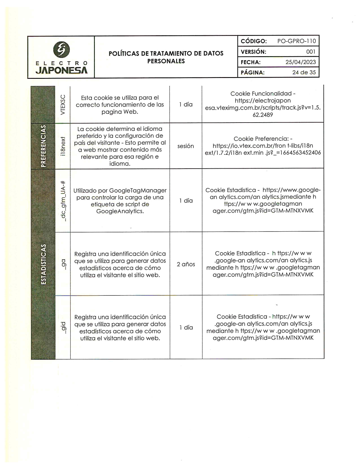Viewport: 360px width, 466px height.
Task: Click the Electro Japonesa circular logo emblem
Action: coord(61,49)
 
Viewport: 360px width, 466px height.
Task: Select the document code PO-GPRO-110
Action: coord(296,41)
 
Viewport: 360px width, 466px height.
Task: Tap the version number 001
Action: coord(311,52)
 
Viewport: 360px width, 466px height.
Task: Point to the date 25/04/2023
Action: coord(300,62)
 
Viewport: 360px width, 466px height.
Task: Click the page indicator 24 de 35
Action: coord(304,72)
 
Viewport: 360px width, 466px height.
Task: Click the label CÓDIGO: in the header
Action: coord(254,41)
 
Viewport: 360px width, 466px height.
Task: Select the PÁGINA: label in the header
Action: coord(252,73)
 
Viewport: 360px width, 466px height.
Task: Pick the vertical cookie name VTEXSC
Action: coord(63,105)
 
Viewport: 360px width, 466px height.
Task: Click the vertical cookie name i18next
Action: coord(63,146)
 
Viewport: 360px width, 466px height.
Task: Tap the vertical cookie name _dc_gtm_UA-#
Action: coord(63,201)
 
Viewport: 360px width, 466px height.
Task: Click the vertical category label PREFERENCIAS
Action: coord(43,146)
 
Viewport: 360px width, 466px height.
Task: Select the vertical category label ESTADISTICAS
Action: coord(43,264)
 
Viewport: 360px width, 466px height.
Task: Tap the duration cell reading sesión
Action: coord(186,146)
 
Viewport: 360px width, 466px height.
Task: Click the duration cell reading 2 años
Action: coord(186,264)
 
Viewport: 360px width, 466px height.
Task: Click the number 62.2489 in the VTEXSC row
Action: coord(263,115)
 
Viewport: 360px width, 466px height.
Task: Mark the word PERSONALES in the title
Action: coord(166,61)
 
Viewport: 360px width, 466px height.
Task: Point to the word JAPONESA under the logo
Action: coord(62,70)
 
